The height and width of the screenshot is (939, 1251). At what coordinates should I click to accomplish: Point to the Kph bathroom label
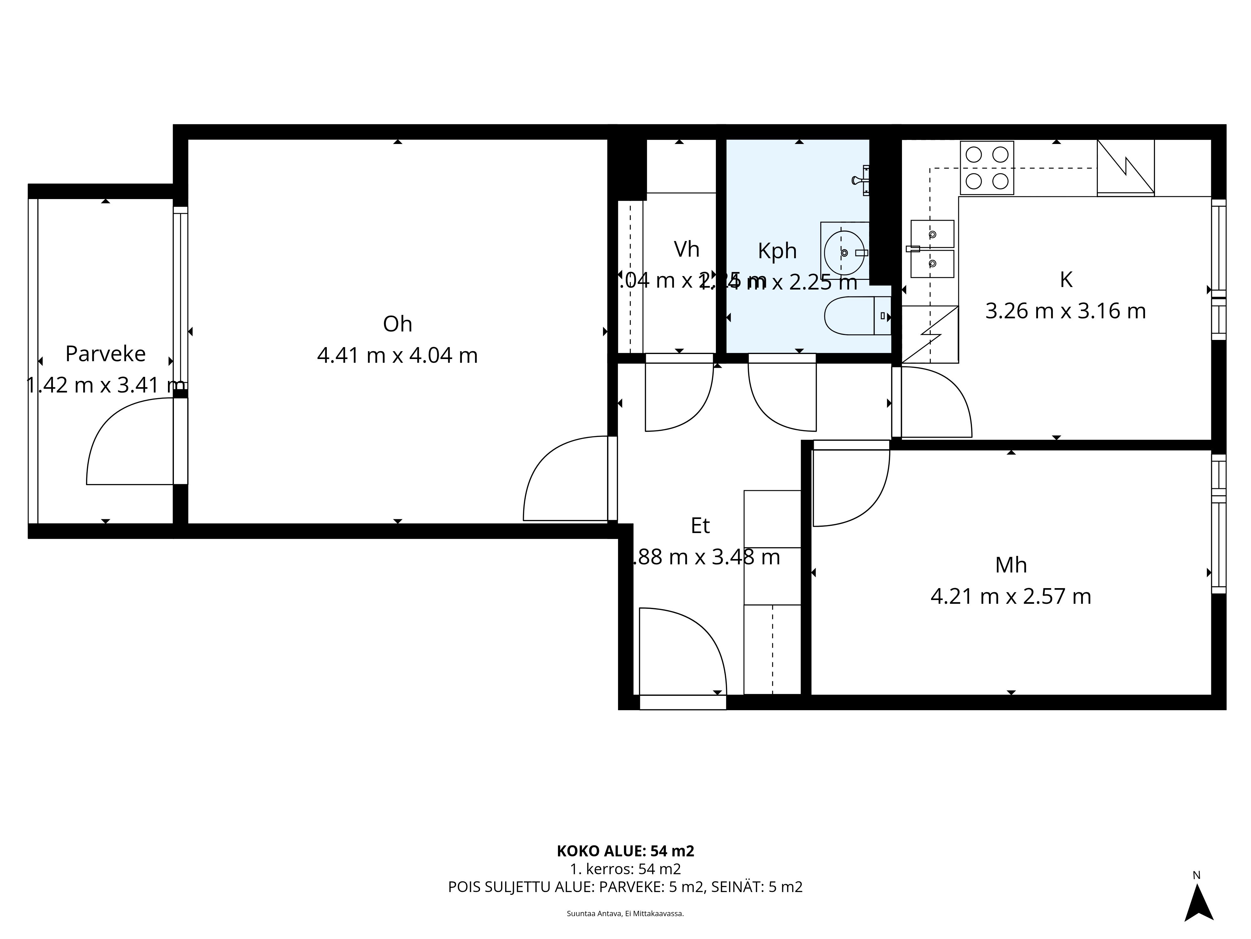point(777,251)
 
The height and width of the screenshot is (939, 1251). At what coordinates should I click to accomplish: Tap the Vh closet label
point(686,249)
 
